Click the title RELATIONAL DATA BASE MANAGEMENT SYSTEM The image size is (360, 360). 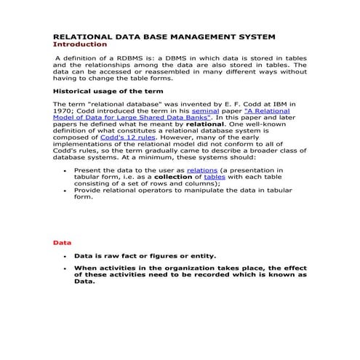pyautogui.click(x=169, y=36)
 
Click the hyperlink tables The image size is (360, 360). pyautogui.click(x=215, y=176)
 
